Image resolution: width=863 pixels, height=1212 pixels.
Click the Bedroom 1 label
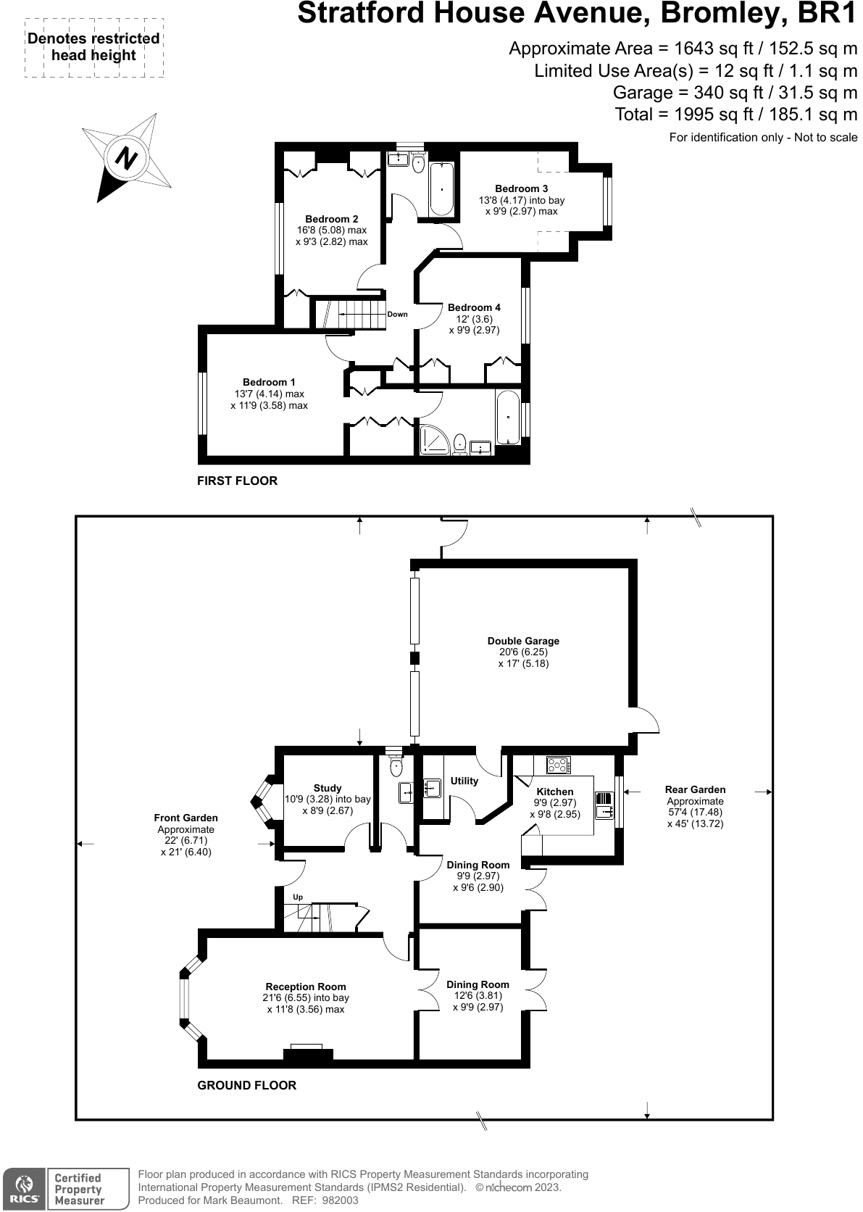point(269,382)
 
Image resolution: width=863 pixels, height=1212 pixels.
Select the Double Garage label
point(523,641)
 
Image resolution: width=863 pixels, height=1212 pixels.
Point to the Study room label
point(328,788)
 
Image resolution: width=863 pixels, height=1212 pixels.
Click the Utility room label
point(464,781)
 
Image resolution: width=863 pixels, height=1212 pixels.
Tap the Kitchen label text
point(554,792)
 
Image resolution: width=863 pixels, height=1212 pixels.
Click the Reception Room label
point(306,987)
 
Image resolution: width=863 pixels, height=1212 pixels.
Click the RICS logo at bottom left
point(23,1189)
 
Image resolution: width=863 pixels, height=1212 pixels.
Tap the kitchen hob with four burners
point(558,765)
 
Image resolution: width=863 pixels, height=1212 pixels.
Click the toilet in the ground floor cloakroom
point(396,767)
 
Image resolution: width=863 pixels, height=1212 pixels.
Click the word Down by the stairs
point(397,315)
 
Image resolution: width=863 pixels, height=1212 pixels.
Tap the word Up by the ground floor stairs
point(297,897)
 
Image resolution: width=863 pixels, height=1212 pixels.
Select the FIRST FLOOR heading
point(237,481)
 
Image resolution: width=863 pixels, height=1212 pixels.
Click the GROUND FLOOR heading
point(246,1085)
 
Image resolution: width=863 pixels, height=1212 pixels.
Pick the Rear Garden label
point(695,789)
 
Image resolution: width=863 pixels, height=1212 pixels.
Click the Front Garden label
point(185,818)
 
